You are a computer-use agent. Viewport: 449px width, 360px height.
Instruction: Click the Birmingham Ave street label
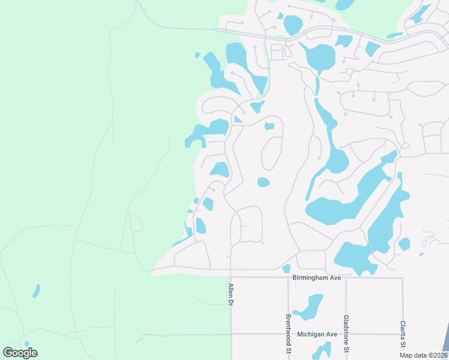[x=316, y=278]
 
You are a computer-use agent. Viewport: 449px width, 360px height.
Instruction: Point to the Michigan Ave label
[x=317, y=334]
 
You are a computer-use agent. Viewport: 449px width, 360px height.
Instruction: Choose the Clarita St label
[x=402, y=334]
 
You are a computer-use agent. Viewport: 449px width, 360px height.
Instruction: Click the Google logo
[x=20, y=353]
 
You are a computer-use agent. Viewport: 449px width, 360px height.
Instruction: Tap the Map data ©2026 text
[x=424, y=355]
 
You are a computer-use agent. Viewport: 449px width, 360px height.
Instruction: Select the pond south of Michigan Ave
[x=323, y=351]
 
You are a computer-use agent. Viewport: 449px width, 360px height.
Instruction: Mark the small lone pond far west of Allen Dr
[x=36, y=291]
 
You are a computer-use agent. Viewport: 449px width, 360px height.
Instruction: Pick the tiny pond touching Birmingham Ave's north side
[x=286, y=268]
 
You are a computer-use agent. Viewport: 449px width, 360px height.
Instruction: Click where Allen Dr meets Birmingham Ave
[x=231, y=277]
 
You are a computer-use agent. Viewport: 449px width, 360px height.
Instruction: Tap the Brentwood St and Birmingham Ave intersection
[x=288, y=277]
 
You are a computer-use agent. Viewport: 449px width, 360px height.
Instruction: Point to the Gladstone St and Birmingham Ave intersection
[x=346, y=277]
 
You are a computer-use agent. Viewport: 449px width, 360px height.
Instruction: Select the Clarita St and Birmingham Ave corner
[x=402, y=277]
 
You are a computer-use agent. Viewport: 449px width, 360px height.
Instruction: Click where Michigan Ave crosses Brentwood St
[x=288, y=334]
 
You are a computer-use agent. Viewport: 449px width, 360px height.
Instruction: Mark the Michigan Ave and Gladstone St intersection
[x=346, y=334]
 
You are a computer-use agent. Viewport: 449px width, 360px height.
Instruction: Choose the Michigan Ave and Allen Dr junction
[x=231, y=334]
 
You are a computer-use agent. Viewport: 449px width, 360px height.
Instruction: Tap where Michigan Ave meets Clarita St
[x=402, y=334]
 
